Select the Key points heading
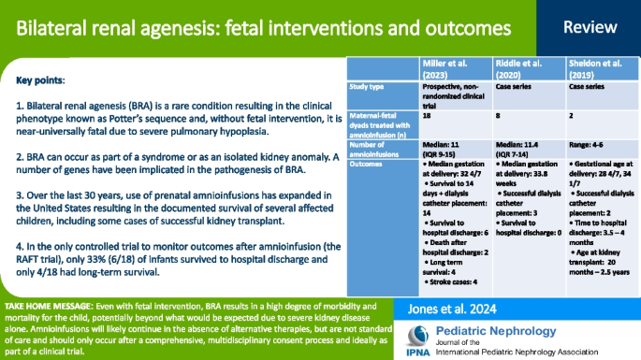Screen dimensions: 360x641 [x=42, y=81]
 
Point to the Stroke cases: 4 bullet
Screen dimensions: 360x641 [x=447, y=280]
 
